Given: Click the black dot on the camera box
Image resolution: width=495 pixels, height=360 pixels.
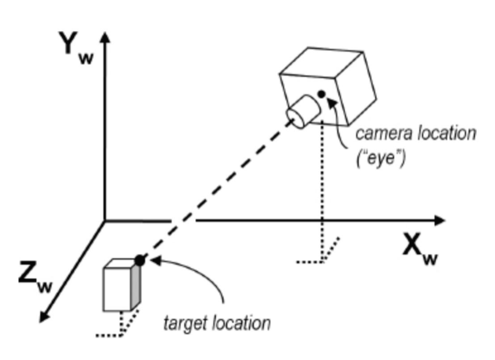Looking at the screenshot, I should (321, 94).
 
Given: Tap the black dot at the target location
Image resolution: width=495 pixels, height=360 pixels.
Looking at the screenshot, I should (140, 260).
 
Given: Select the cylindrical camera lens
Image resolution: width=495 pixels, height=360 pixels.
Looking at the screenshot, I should (302, 110).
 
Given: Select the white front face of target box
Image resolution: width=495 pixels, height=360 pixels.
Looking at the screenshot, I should (117, 289).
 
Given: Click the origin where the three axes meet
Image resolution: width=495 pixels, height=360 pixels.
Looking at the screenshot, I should (105, 220).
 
